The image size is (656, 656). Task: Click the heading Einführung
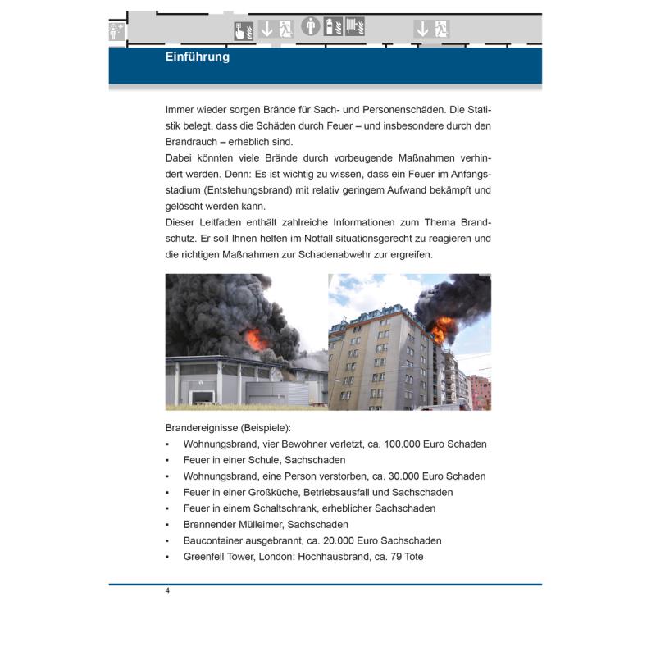tap(197, 57)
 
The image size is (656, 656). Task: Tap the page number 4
tap(167, 591)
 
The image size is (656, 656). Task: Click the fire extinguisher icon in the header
tap(333, 27)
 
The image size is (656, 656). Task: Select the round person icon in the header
tap(311, 26)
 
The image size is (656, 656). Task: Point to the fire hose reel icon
tap(355, 27)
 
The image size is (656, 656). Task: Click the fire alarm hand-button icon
tap(244, 30)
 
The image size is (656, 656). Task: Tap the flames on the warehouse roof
tap(255, 338)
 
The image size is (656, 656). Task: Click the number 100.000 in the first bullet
tap(387, 444)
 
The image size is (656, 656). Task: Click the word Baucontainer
tap(216, 540)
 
